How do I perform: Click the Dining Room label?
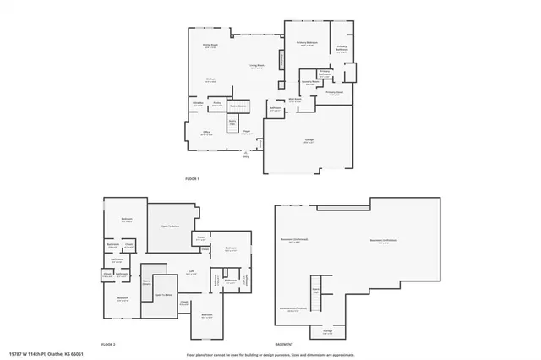click(210, 45)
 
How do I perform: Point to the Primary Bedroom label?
click(305, 43)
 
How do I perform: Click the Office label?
click(205, 133)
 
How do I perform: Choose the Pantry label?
click(217, 102)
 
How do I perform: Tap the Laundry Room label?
click(310, 83)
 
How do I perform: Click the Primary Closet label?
click(333, 93)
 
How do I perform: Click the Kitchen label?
click(210, 79)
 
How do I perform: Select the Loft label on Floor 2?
click(191, 272)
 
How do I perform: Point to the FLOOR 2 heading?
click(108, 345)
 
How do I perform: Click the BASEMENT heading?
click(285, 345)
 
